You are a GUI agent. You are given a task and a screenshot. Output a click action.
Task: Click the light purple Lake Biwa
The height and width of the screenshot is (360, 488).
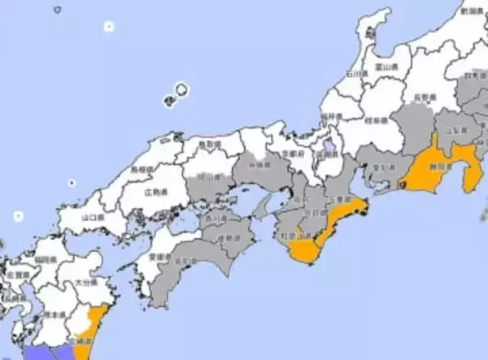click(327, 150)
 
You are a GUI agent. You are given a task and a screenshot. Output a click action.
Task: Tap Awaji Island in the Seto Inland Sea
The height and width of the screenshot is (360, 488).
click(263, 209)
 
